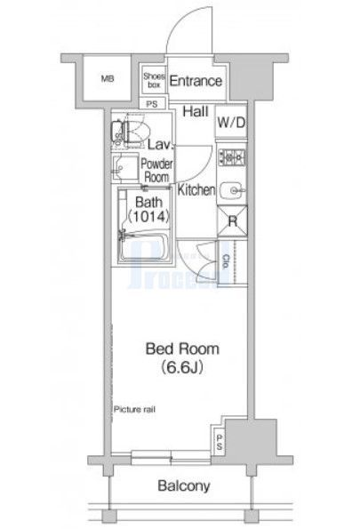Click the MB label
click(108, 79)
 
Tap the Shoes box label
click(153, 81)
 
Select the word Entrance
click(195, 81)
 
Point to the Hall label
click(196, 112)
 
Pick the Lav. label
click(160, 145)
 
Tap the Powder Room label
click(157, 170)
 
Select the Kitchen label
click(196, 190)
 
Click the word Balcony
click(183, 486)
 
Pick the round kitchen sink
click(233, 189)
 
